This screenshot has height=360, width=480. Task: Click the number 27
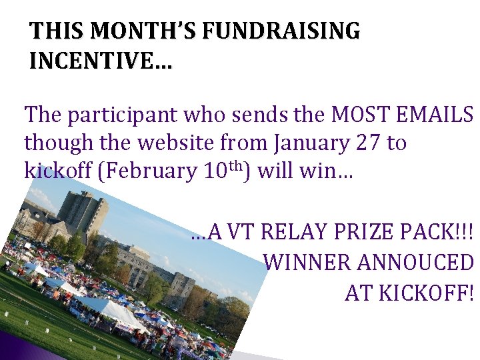[x=361, y=143]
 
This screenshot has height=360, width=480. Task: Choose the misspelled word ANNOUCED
[x=415, y=262]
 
